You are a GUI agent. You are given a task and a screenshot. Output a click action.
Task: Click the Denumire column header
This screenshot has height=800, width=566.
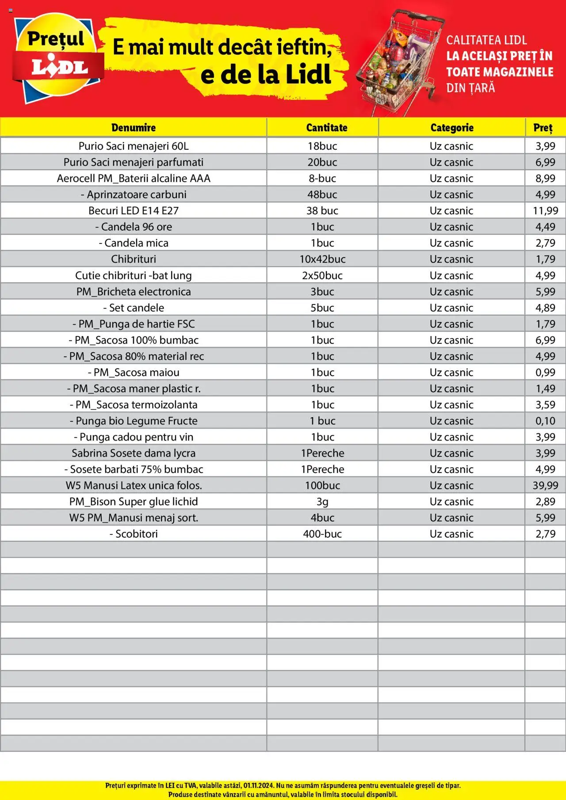coord(134,128)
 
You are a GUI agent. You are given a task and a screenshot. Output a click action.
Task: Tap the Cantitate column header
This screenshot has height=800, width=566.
coord(326,128)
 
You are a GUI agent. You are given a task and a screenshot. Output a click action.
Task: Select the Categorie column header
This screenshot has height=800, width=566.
coord(451,128)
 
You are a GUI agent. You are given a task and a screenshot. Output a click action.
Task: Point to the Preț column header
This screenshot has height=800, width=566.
coord(543,128)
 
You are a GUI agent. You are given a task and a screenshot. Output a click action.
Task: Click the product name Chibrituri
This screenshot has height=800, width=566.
coord(134,259)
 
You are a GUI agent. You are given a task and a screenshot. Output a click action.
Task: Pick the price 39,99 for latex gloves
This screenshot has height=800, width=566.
coord(545,485)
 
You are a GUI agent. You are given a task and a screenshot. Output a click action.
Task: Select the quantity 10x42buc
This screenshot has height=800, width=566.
coord(322,259)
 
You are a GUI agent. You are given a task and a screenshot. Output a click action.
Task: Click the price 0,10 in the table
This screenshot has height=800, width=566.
coord(545,421)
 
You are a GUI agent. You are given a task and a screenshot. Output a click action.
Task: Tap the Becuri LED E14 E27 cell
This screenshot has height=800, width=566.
coord(134,210)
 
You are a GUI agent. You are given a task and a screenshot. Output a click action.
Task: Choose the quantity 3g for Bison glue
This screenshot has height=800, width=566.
coord(322,502)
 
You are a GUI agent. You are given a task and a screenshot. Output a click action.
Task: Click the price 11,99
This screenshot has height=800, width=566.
coord(545,210)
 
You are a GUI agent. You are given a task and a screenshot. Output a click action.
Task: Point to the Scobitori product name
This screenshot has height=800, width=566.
coord(134,534)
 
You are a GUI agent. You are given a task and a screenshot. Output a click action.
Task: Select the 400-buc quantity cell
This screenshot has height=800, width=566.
coord(322,534)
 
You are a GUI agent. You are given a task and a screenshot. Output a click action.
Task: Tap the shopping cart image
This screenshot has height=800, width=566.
coord(400,62)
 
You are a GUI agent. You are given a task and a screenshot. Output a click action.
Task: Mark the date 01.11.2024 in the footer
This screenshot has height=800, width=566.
coord(258,785)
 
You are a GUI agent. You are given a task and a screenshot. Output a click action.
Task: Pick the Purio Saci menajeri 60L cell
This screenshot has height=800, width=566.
coord(134,146)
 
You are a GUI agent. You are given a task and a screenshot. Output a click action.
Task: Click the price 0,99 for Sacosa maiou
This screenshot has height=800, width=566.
coord(545,372)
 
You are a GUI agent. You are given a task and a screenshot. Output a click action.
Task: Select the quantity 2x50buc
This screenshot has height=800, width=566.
coord(322,275)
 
